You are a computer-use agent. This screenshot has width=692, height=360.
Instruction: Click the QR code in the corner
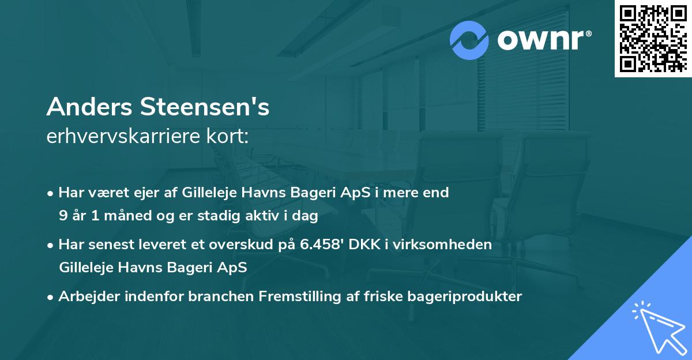[x=653, y=38]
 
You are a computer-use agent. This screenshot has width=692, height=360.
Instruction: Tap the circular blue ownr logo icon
[x=469, y=40]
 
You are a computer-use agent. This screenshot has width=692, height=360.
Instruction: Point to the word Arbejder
[x=85, y=297]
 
